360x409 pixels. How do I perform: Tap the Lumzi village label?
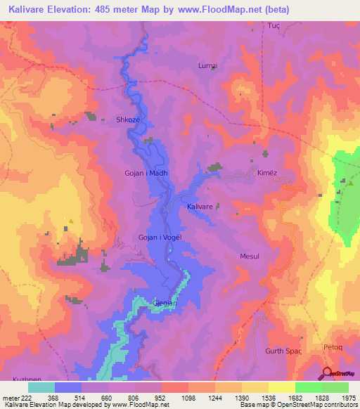209,65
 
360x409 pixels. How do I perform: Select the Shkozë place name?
129,120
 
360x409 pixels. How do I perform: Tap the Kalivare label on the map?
200,207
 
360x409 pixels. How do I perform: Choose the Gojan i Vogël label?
161,238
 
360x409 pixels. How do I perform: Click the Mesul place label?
250,257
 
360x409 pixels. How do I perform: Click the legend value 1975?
348,396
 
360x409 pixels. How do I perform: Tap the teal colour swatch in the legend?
41,387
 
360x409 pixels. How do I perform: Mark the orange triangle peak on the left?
70,220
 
